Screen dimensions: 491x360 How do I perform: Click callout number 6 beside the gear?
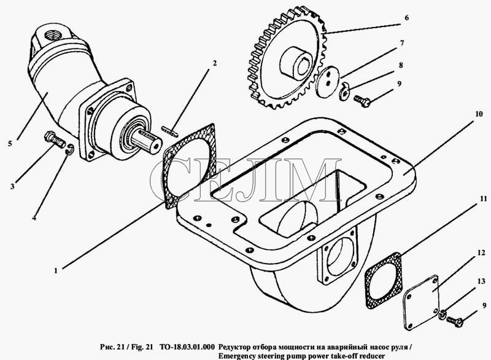point(406,18)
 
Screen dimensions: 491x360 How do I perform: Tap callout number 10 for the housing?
point(479,114)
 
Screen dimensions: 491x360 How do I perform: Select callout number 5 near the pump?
point(10,144)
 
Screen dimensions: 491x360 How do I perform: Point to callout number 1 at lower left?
point(56,271)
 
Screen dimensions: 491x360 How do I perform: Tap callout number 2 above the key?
point(214,63)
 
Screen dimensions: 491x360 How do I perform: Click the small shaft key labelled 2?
point(170,131)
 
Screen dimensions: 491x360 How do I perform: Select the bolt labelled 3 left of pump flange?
point(55,139)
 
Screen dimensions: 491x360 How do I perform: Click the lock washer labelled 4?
point(70,149)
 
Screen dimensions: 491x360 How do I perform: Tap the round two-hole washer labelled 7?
point(327,82)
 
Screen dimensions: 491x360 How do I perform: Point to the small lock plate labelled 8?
point(344,91)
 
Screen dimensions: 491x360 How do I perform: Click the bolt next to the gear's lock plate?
point(362,101)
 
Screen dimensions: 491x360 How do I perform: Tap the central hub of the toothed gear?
point(296,61)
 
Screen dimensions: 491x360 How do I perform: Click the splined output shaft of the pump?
point(147,143)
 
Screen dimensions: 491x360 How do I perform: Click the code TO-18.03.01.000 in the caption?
point(187,347)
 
